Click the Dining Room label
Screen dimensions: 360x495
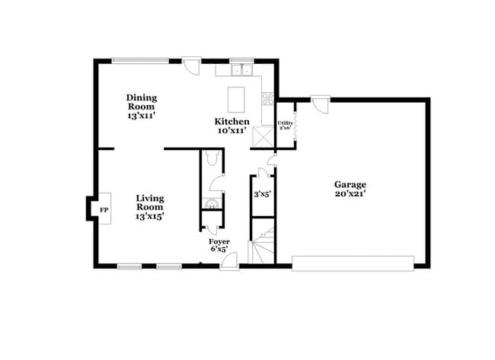click(x=142, y=97)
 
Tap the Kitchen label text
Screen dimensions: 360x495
click(x=232, y=121)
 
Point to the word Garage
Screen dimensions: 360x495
click(x=350, y=184)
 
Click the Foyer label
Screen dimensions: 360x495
click(x=219, y=241)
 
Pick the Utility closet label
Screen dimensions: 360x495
click(x=285, y=122)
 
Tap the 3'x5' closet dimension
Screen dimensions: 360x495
click(x=262, y=194)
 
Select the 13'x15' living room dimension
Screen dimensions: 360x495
click(x=150, y=216)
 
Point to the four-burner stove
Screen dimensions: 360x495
click(x=267, y=98)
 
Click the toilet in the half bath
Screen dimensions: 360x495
click(x=212, y=158)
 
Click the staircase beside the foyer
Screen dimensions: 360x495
click(x=261, y=247)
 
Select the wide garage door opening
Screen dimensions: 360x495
click(x=353, y=262)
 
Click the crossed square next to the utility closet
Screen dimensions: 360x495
click(x=264, y=136)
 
